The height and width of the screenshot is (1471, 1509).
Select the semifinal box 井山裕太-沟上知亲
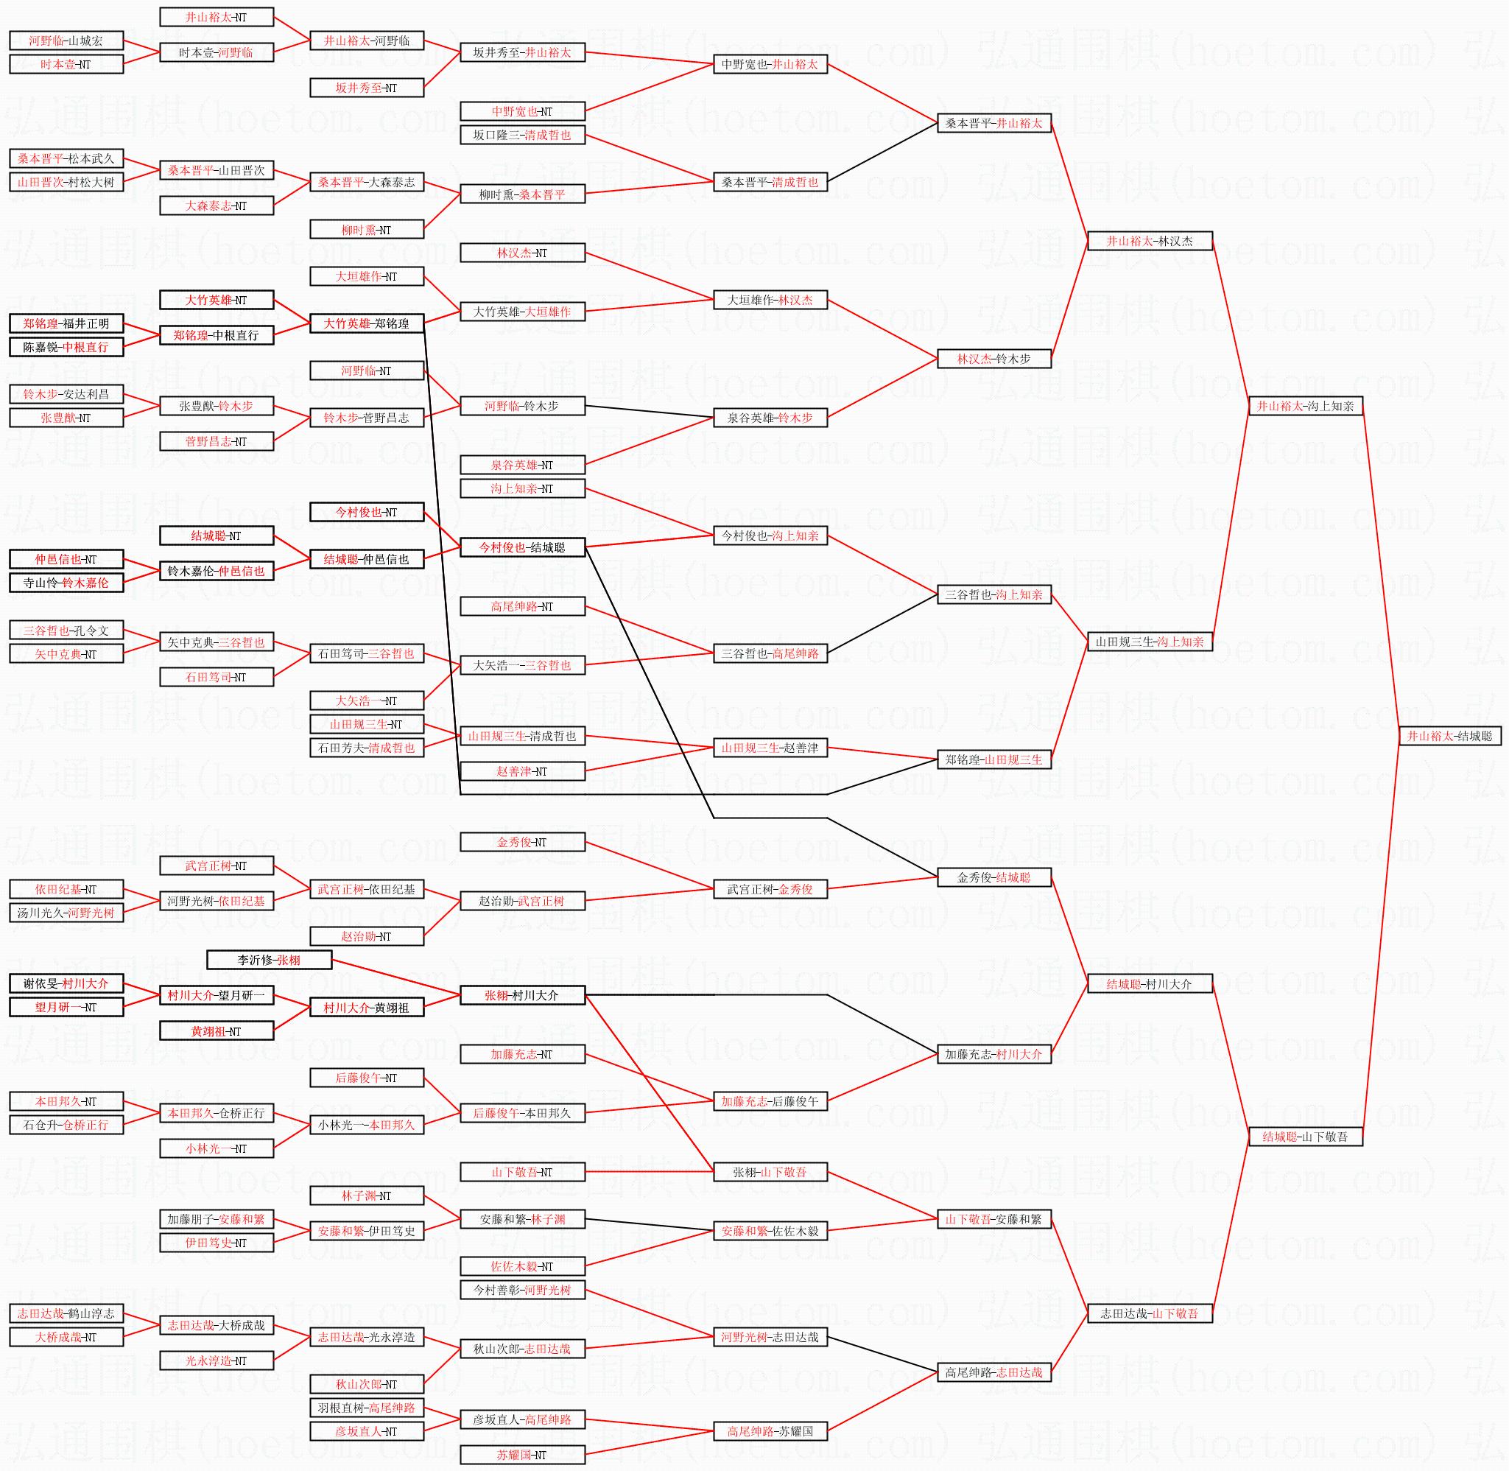click(x=1305, y=406)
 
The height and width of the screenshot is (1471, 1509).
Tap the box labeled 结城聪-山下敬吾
click(x=1305, y=1137)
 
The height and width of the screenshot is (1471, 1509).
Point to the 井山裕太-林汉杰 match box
click(x=1149, y=241)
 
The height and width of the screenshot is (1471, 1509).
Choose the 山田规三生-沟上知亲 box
click(x=1149, y=642)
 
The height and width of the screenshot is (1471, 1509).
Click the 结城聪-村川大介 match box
click(x=1149, y=983)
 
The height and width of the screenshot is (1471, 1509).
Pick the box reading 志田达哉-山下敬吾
click(x=1149, y=1313)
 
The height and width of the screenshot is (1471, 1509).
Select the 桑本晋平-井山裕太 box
click(x=994, y=123)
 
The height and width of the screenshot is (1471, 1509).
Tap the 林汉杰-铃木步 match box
click(x=994, y=359)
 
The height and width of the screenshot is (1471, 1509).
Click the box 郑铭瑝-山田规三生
click(x=994, y=759)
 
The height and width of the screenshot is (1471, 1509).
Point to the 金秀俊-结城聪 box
click(x=994, y=877)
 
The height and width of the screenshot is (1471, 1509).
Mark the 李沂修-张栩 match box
click(x=270, y=961)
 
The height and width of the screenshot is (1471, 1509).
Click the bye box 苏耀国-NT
click(x=522, y=1455)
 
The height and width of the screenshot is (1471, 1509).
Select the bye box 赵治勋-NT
click(x=367, y=936)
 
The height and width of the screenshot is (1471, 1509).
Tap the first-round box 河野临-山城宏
click(x=66, y=41)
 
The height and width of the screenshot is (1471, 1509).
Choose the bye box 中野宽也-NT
click(x=522, y=111)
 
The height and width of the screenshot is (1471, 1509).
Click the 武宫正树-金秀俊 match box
click(x=770, y=889)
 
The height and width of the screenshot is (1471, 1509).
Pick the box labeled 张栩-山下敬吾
click(x=770, y=1172)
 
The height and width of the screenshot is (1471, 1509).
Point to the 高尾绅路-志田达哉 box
click(x=994, y=1372)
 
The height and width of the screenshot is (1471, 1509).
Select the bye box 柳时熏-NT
click(x=367, y=230)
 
